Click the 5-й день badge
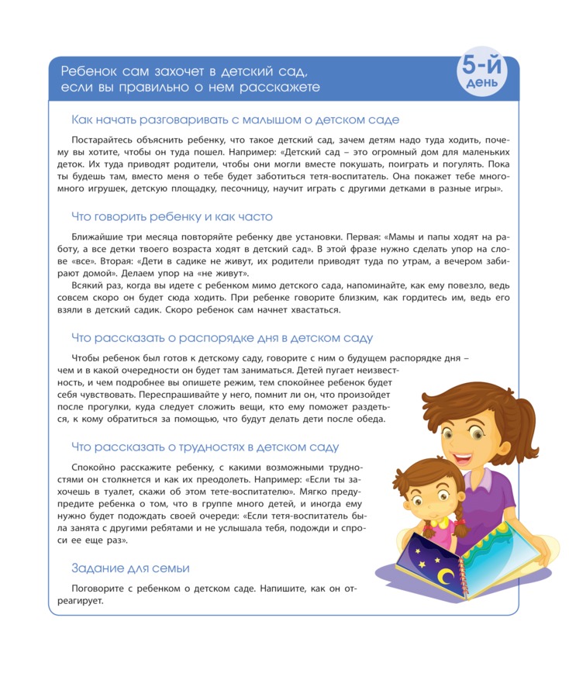(x=482, y=74)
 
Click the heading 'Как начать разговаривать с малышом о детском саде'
(x=235, y=120)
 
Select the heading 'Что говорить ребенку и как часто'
(x=171, y=216)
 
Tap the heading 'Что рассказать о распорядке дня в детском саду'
(x=222, y=338)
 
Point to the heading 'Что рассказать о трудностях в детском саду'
(x=205, y=447)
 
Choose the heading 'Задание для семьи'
(x=130, y=568)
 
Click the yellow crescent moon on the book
(x=446, y=577)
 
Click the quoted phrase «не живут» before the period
(x=225, y=274)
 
